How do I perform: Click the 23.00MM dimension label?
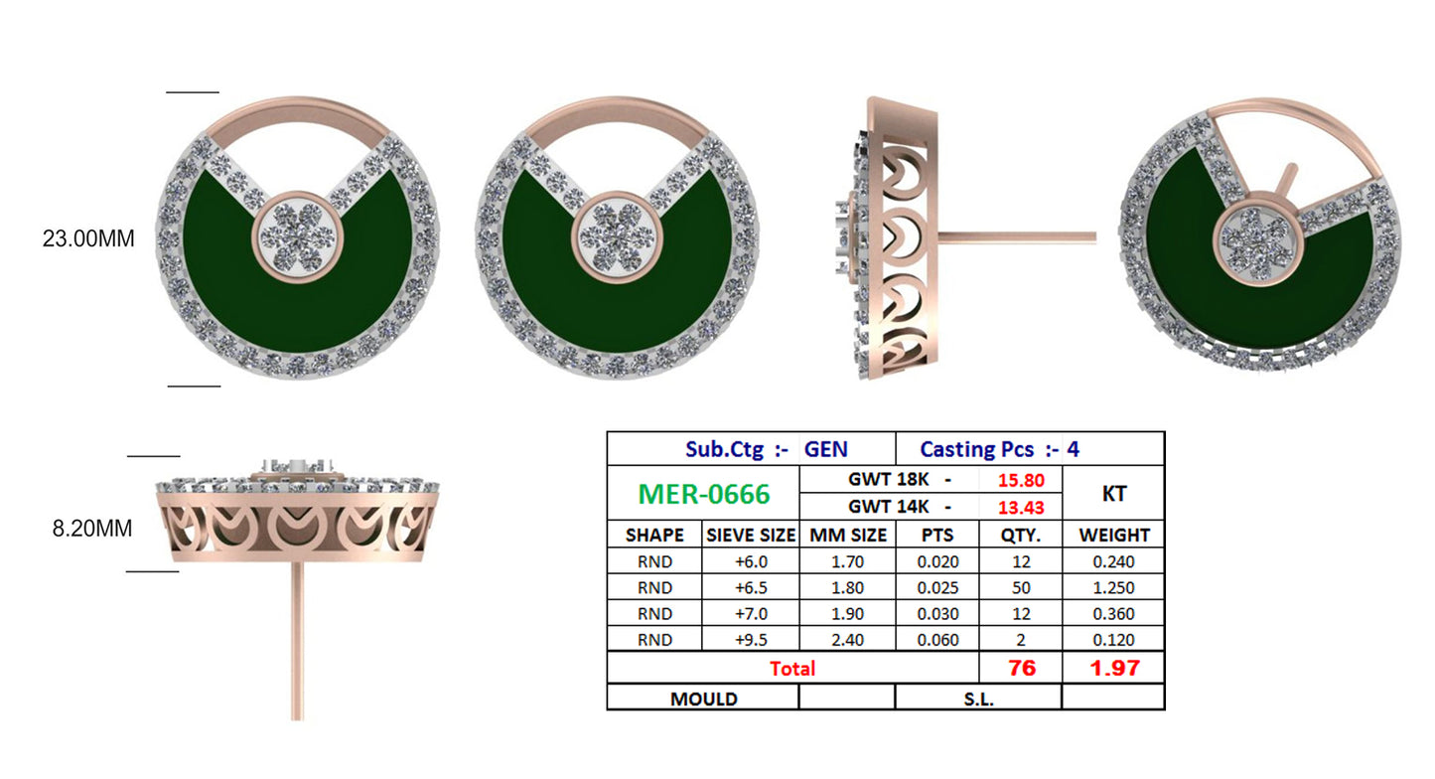pyautogui.click(x=87, y=239)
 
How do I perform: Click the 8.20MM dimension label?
pyautogui.click(x=92, y=529)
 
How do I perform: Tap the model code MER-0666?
pyautogui.click(x=703, y=494)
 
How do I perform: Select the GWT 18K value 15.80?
pyautogui.click(x=1020, y=480)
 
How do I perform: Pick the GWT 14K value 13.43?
pyautogui.click(x=1020, y=508)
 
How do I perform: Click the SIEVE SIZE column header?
pyautogui.click(x=750, y=535)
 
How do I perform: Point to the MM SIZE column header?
pyautogui.click(x=847, y=535)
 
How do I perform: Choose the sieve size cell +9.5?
pyautogui.click(x=750, y=640)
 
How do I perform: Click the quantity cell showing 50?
pyautogui.click(x=1021, y=587)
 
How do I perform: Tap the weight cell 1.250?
pyautogui.click(x=1112, y=587)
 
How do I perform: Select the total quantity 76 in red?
pyautogui.click(x=1021, y=668)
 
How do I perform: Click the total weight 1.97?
pyautogui.click(x=1113, y=668)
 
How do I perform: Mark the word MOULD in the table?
pyautogui.click(x=703, y=699)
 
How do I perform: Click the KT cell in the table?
pyautogui.click(x=1112, y=494)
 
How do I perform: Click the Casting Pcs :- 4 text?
pyautogui.click(x=999, y=449)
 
